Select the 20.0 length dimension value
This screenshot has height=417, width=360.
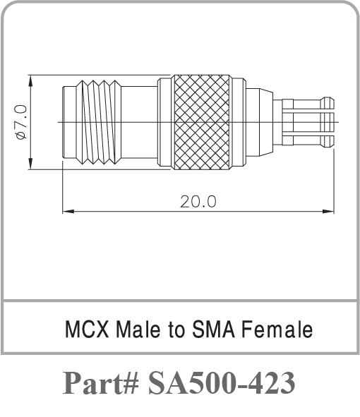198,201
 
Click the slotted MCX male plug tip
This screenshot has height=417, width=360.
308,122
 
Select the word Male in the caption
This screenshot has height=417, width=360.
134,329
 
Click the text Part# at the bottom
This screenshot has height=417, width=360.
101,384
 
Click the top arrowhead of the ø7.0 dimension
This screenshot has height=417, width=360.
30,78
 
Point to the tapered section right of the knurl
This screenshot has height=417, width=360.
260,122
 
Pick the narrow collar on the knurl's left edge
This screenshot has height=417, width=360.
164,122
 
